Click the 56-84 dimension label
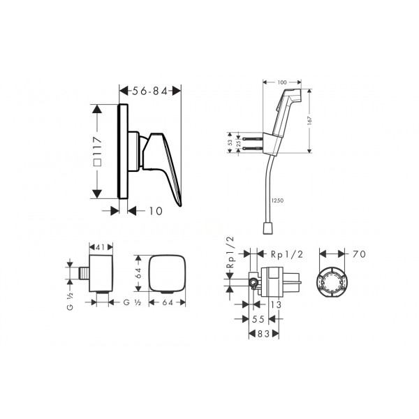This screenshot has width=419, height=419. coord(150,91)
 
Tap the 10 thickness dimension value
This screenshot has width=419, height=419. coord(156,211)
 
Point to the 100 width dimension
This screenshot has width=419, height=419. coord(282,82)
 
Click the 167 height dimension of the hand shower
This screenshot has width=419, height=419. coord(309,121)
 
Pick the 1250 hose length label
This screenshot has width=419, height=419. coord(277,200)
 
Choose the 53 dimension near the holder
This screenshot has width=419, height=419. coord(230,142)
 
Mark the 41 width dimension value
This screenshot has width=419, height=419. coord(100,247)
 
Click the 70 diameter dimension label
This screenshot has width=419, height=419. coord(359,254)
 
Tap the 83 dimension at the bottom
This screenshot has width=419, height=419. coord(263,334)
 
